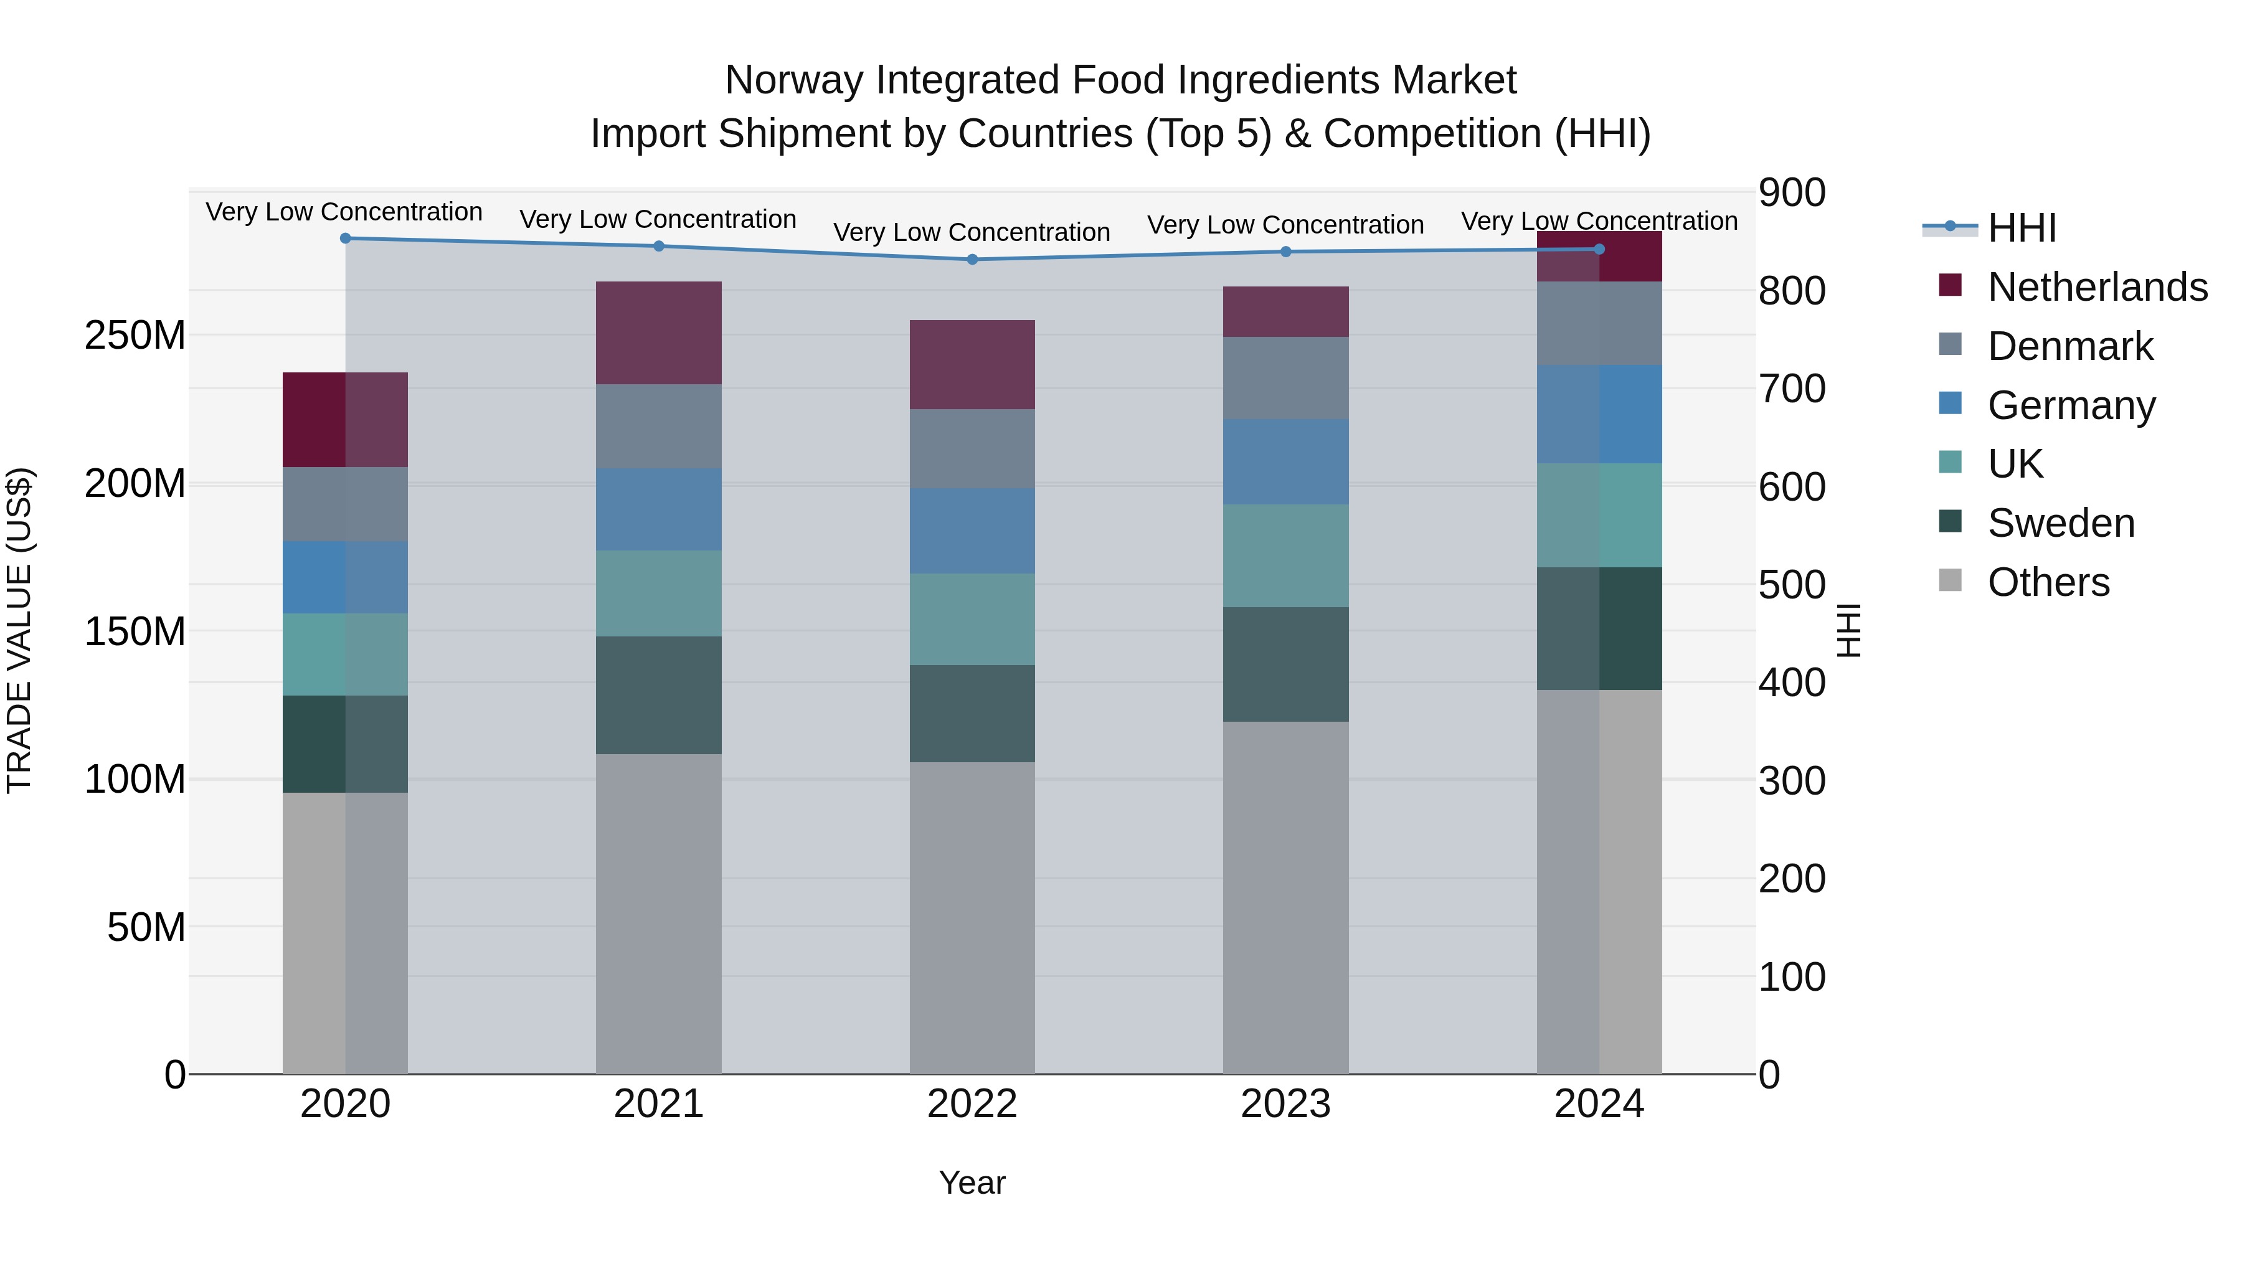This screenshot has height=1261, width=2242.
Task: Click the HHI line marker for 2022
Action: [x=972, y=259]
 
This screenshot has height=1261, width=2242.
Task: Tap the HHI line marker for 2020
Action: [x=346, y=238]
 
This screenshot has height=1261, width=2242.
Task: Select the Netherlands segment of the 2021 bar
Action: [x=659, y=333]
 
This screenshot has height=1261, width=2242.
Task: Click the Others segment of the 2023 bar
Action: [x=1285, y=896]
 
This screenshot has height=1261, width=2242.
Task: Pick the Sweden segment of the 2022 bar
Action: [x=972, y=714]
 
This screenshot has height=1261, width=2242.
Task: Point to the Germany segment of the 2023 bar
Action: [x=1285, y=462]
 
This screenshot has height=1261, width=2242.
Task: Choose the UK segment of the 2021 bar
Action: [x=659, y=593]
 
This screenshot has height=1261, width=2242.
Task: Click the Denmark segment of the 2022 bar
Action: [x=972, y=449]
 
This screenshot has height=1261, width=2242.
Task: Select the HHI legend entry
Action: [x=2021, y=228]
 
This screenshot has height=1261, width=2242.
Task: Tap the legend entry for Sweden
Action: [x=2060, y=523]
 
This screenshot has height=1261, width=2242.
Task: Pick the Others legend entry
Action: [x=2047, y=582]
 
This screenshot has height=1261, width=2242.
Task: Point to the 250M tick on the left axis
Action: [x=135, y=336]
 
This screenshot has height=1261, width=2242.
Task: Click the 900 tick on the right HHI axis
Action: [x=1792, y=193]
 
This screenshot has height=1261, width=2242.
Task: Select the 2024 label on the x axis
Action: [x=1599, y=1104]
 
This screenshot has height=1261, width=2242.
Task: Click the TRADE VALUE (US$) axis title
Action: [x=19, y=631]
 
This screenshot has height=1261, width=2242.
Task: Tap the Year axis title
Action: [x=972, y=1183]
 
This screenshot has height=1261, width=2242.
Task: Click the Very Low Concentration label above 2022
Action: [x=972, y=232]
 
